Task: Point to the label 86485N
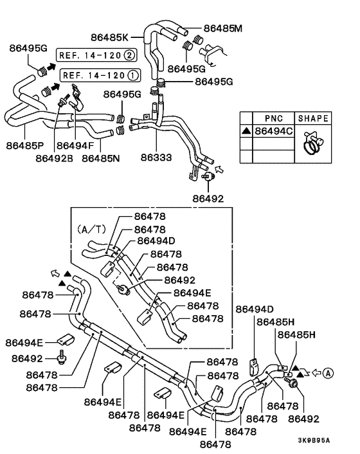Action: (x=102, y=157)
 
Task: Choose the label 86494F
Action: (x=74, y=145)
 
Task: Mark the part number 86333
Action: (x=157, y=157)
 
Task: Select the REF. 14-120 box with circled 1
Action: (x=99, y=75)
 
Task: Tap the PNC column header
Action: (x=274, y=118)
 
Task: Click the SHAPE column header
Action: (x=313, y=118)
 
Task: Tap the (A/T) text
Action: (x=89, y=228)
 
